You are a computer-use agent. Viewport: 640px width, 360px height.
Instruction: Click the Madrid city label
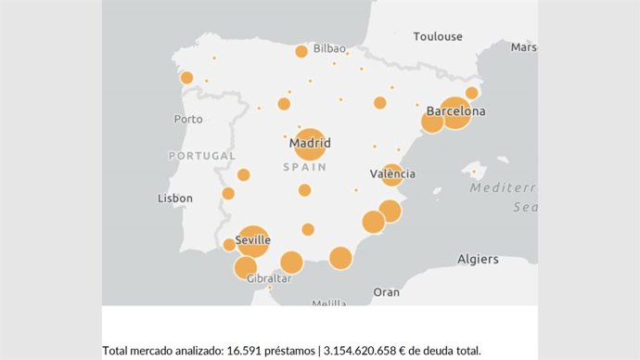[310, 143]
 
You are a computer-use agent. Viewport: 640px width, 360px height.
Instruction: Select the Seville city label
[253, 240]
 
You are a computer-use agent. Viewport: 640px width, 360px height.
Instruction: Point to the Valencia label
[392, 174]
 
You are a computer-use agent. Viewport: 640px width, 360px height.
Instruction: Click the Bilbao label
[329, 48]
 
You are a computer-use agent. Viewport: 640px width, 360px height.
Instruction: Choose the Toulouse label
[438, 36]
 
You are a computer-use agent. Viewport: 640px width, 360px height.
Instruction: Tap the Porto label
[188, 119]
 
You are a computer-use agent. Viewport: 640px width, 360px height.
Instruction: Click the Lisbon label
[175, 199]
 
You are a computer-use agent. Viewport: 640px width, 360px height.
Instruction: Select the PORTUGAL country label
[202, 156]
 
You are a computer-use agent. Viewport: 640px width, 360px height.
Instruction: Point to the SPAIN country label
[304, 167]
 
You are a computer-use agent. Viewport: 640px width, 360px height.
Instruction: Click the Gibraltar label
[270, 278]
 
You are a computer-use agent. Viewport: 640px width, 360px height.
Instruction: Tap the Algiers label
[478, 259]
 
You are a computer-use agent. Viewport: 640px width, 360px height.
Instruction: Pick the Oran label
[386, 291]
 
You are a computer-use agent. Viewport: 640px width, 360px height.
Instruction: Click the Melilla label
[329, 303]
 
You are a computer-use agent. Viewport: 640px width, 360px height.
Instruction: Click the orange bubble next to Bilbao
[301, 51]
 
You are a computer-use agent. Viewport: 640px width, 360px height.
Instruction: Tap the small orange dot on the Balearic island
[474, 172]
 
